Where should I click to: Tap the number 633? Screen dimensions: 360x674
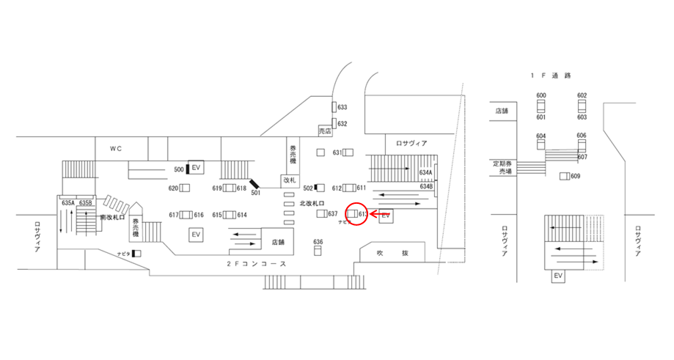pyautogui.click(x=343, y=108)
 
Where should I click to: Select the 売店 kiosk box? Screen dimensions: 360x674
pyautogui.click(x=325, y=131)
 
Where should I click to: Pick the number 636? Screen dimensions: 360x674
pyautogui.click(x=318, y=242)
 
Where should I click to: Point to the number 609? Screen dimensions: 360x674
pyautogui.click(x=575, y=176)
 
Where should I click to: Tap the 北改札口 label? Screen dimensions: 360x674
pyautogui.click(x=312, y=203)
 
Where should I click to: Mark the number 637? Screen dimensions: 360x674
pyautogui.click(x=332, y=214)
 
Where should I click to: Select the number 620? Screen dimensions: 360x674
pyautogui.click(x=174, y=188)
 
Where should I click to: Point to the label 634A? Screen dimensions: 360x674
pyautogui.click(x=426, y=173)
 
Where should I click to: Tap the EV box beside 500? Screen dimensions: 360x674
pyautogui.click(x=197, y=169)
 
